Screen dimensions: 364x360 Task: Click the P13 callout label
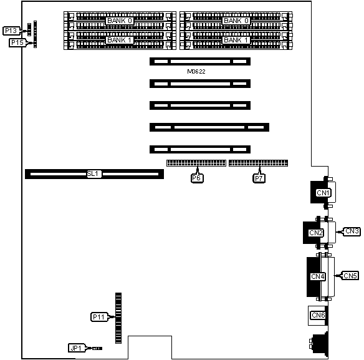click(11, 31)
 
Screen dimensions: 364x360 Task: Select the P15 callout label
click(17, 43)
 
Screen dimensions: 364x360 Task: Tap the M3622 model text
click(196, 72)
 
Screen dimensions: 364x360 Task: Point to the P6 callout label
click(197, 178)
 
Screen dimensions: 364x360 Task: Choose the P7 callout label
click(259, 178)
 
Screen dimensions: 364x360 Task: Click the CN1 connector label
click(323, 193)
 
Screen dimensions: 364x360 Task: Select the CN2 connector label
click(316, 233)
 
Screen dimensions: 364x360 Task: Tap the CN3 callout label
click(352, 231)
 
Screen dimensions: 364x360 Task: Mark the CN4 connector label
click(318, 276)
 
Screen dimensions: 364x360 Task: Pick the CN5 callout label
click(350, 276)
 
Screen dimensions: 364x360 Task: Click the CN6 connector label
click(318, 315)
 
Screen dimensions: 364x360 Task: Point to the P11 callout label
click(99, 317)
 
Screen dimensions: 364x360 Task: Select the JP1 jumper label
click(77, 348)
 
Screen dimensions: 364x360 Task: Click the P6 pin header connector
click(196, 163)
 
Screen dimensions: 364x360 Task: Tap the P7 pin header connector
click(259, 163)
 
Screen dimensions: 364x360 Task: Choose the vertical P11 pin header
click(118, 318)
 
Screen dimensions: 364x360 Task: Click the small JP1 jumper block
click(97, 348)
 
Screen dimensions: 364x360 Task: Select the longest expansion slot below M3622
click(209, 127)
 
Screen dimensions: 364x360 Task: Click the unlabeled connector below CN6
click(319, 344)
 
